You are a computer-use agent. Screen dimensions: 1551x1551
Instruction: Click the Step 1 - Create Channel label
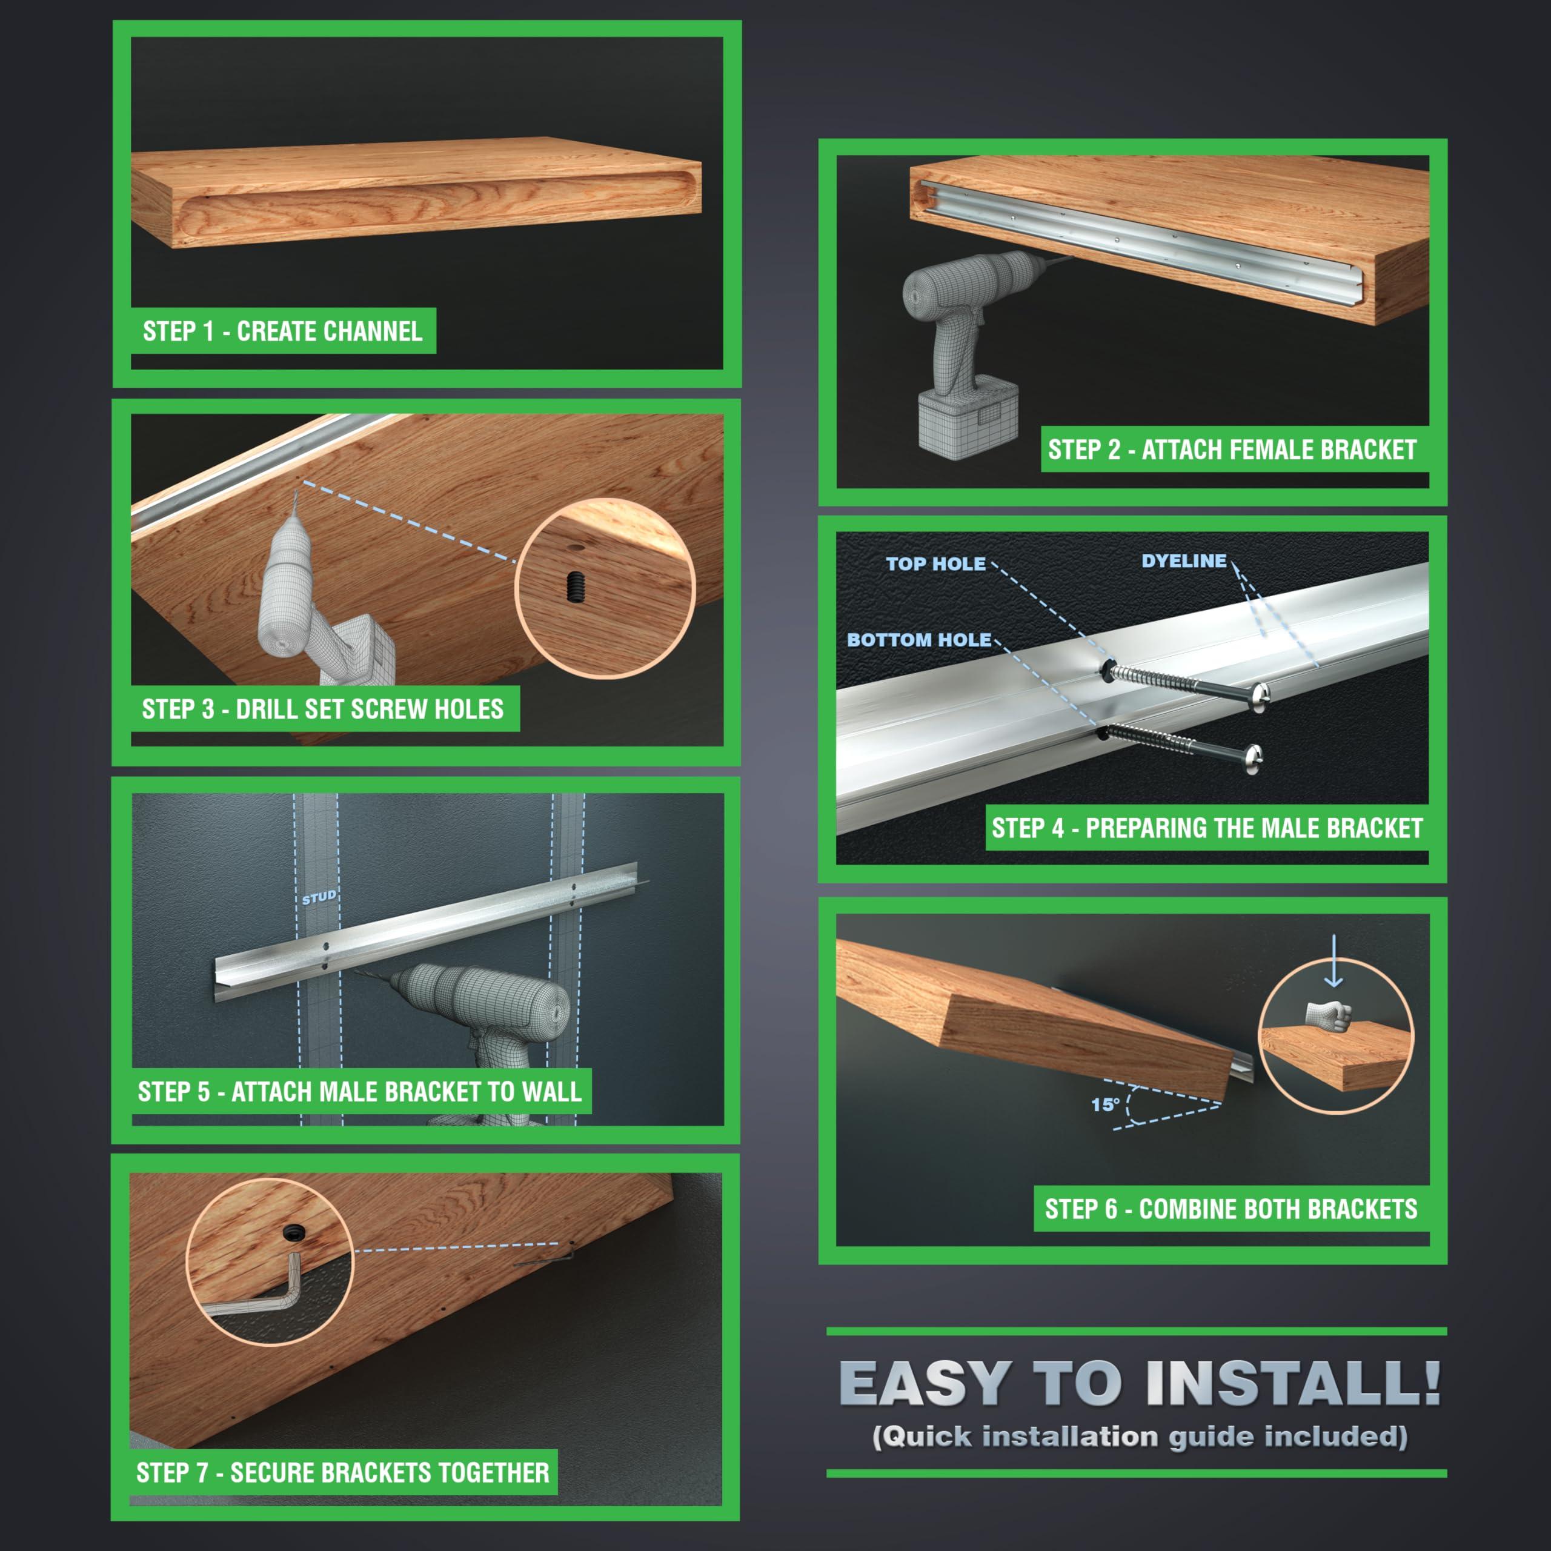pyautogui.click(x=282, y=331)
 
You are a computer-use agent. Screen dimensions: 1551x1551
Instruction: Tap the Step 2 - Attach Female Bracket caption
pyautogui.click(x=1232, y=450)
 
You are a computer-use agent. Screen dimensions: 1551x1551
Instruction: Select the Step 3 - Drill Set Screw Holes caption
pyautogui.click(x=323, y=709)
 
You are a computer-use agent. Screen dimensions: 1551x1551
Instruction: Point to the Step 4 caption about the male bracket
pyautogui.click(x=1207, y=828)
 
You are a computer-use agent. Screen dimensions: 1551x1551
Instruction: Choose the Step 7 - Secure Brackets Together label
pyautogui.click(x=343, y=1473)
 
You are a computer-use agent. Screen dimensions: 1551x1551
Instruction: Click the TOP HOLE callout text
pyautogui.click(x=936, y=563)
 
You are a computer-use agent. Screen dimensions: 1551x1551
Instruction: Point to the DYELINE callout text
pyautogui.click(x=1184, y=560)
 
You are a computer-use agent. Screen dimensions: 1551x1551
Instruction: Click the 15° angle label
pyautogui.click(x=1104, y=1104)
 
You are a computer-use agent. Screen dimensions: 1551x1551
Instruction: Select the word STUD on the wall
pyautogui.click(x=319, y=897)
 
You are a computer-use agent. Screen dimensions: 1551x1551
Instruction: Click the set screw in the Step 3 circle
pyautogui.click(x=575, y=588)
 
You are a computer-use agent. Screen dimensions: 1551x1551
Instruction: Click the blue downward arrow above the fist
pyautogui.click(x=1334, y=960)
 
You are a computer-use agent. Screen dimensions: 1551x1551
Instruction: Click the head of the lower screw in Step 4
pyautogui.click(x=1252, y=757)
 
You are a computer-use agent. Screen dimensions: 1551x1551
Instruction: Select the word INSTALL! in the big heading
pyautogui.click(x=1294, y=1383)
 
